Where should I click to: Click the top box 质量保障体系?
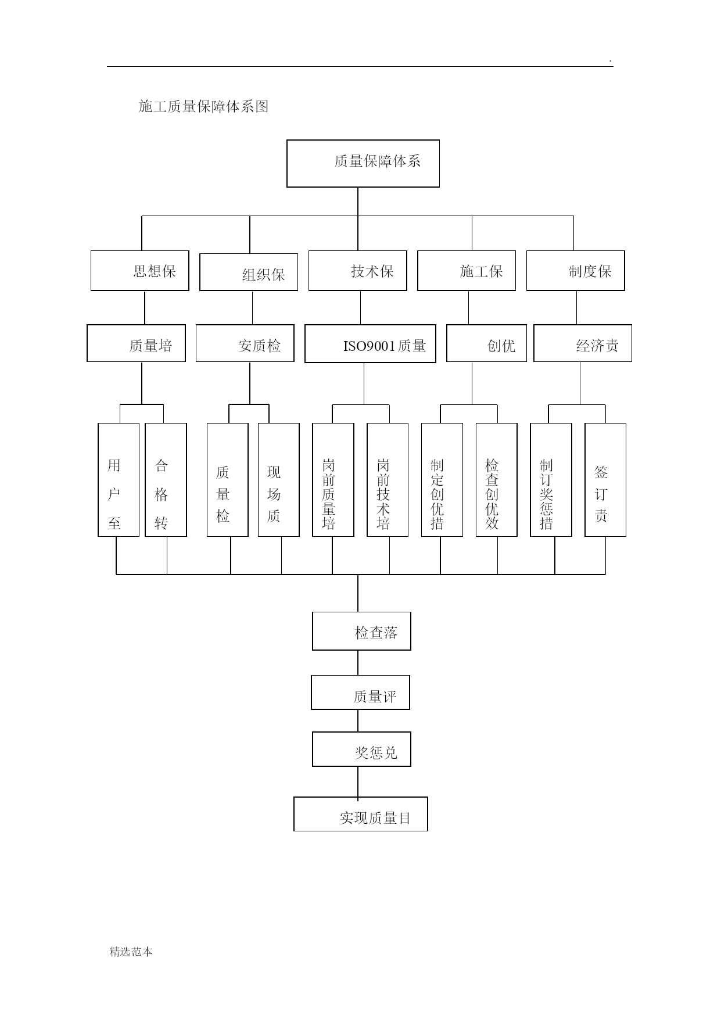(363, 163)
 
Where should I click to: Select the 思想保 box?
(140, 271)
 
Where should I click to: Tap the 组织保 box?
(249, 272)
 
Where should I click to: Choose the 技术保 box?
(358, 271)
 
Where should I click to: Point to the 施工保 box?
(467, 271)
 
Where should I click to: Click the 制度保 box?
(576, 271)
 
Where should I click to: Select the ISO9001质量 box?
(371, 344)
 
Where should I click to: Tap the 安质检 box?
(245, 343)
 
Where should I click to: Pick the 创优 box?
(487, 343)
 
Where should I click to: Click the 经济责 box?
(583, 343)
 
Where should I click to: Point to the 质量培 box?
(137, 343)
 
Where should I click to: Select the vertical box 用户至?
(119, 480)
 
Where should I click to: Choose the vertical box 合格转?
(166, 480)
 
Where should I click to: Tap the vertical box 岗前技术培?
(388, 480)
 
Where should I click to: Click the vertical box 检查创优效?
(497, 480)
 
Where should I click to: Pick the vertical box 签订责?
(605, 480)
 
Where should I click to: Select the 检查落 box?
(361, 631)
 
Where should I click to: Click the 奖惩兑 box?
(361, 749)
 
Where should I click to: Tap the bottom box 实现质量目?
(361, 814)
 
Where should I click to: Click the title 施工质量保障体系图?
(204, 106)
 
